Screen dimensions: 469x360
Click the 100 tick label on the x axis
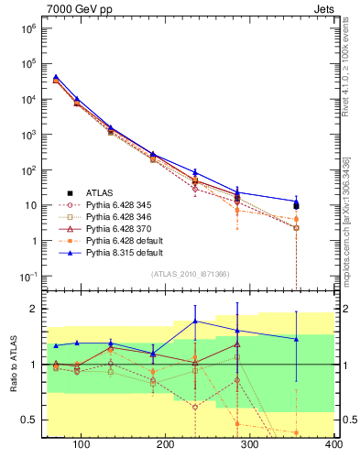pos(82,444)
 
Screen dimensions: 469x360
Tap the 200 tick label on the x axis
pos(166,444)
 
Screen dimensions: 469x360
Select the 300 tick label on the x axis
pos(250,444)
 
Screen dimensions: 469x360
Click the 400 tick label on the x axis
pos(333,444)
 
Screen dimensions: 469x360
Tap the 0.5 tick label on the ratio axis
pos(27,420)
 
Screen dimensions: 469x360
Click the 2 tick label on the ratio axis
pos(32,309)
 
